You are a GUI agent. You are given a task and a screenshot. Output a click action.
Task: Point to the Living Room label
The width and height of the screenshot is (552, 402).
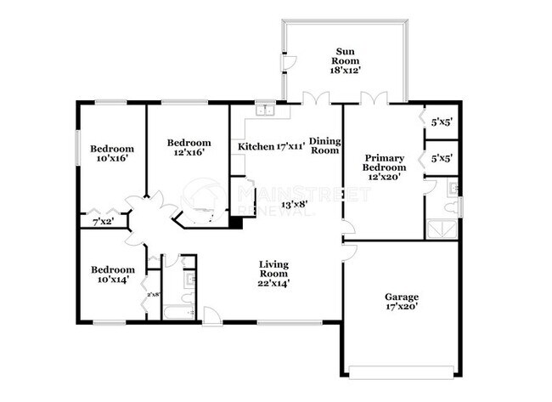(273, 275)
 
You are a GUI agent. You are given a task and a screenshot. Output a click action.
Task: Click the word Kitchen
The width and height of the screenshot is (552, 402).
(255, 147)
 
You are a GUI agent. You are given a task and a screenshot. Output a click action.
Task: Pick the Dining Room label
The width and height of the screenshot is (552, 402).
(324, 145)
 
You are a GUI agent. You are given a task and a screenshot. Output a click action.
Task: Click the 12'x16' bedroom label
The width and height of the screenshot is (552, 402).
(188, 148)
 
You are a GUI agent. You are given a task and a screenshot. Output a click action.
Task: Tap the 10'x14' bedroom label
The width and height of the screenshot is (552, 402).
(112, 275)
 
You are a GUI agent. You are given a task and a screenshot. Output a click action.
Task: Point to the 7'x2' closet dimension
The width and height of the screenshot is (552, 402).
(102, 223)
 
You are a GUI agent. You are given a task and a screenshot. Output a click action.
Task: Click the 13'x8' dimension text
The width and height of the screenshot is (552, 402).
(294, 205)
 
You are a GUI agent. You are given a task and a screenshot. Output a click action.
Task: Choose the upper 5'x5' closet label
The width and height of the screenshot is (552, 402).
(441, 122)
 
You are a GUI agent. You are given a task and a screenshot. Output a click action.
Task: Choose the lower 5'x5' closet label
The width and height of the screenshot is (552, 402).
(441, 159)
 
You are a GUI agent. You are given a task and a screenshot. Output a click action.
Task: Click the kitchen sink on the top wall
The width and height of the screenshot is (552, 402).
(267, 109)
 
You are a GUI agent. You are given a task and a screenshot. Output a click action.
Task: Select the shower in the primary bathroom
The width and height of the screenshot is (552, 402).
(442, 226)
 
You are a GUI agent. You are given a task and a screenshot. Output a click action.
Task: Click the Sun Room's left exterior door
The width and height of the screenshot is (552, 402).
(286, 62)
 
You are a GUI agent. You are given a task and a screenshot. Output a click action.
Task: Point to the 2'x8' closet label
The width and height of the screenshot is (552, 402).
(154, 295)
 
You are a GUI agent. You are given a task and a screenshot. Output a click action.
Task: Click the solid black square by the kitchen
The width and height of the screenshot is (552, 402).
(235, 224)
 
